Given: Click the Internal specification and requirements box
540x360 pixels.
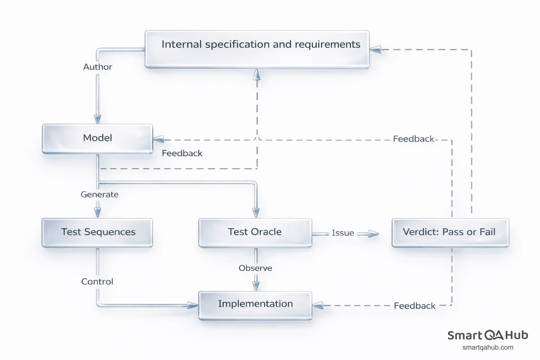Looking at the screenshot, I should tap(257, 49).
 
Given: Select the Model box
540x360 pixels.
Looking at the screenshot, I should tap(97, 139).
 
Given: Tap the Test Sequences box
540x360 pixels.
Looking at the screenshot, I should tap(97, 232).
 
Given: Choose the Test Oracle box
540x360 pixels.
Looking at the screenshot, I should tap(255, 232).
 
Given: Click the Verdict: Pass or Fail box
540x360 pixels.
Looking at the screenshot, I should tap(450, 232).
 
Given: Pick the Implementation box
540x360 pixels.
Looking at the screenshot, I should tap(255, 305).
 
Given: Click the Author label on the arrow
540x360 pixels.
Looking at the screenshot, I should tap(98, 67).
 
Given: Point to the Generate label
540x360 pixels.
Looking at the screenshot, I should tap(99, 194).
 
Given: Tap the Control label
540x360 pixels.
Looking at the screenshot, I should tap(97, 282).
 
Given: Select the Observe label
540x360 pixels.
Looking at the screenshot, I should tap(255, 268).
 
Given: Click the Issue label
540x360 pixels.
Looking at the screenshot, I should tap(343, 233).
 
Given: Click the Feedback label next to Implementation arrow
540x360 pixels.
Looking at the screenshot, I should tap(414, 306).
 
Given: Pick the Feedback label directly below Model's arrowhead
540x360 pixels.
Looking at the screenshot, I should tap(182, 153).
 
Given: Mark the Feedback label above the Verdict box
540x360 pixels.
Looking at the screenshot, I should tap(413, 139).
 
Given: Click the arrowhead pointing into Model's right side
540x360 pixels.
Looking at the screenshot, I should tap(159, 139).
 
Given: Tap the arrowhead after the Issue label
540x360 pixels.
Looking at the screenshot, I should tap(373, 234).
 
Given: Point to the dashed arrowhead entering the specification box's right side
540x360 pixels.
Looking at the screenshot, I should tap(375, 50).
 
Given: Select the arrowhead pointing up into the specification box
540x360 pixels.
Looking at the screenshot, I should tap(257, 74).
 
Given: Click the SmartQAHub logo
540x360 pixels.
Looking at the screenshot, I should tap(488, 335).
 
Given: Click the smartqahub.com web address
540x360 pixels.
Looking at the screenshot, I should tap(488, 348).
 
